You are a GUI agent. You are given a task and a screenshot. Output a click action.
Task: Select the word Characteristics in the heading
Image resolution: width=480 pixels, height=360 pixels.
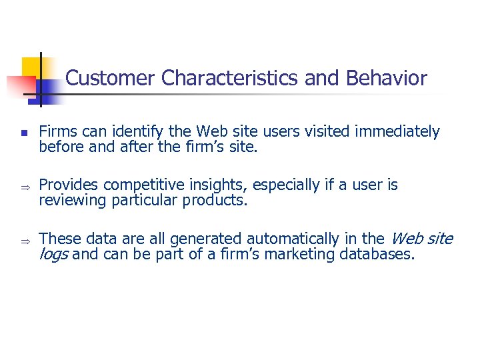click(230, 79)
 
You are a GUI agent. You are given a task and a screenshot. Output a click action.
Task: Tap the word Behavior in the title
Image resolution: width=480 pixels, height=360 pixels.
click(387, 79)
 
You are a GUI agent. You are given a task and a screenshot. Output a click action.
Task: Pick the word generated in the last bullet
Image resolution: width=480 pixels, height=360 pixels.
click(207, 238)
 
